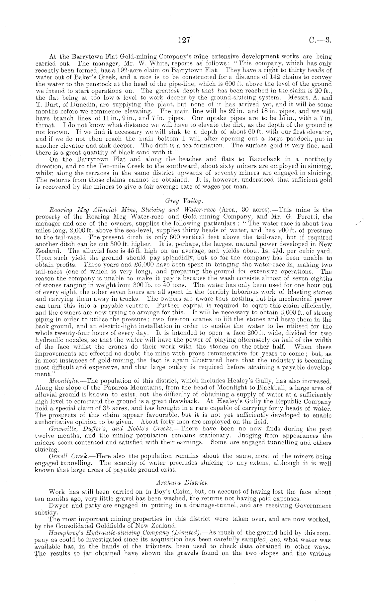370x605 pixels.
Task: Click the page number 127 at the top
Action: (x=184, y=41)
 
